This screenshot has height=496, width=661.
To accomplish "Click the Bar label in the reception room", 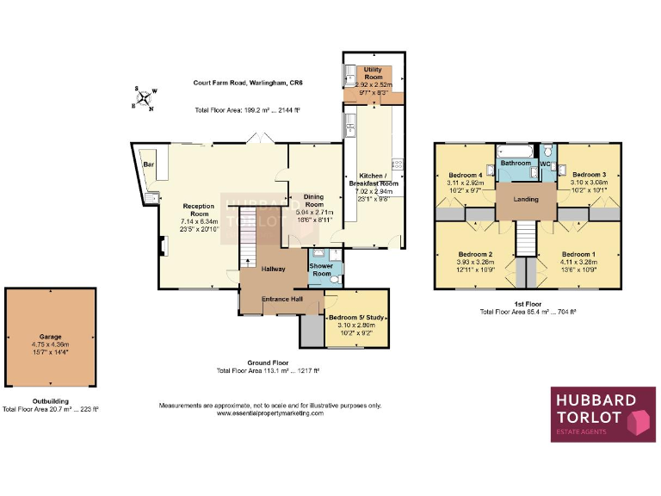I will tap(148, 164).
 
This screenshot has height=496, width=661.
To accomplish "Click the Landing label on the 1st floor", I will tap(526, 199).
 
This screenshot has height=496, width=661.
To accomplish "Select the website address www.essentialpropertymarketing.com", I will tap(270, 413).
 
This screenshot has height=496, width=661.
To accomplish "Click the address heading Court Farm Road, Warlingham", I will tap(248, 83).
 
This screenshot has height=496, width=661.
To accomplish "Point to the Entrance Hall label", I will tap(282, 299).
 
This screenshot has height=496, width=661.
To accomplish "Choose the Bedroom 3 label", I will tap(589, 175).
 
